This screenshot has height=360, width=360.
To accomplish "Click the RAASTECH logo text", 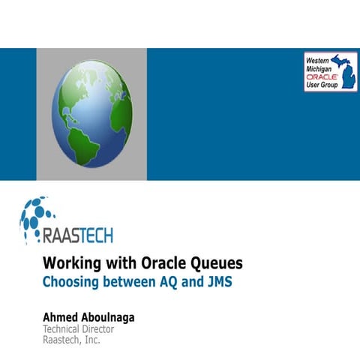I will point(78,235).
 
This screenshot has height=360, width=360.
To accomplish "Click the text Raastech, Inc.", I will point(72,340).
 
